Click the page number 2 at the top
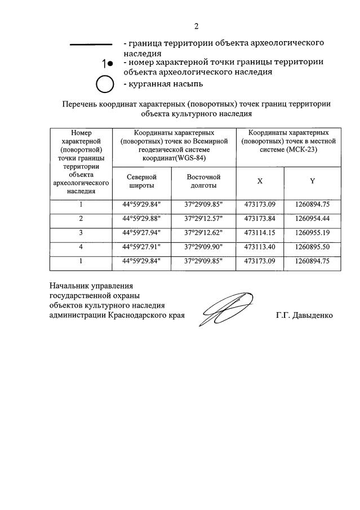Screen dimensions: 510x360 tap(196, 26)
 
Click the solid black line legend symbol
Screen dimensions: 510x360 tap(90, 44)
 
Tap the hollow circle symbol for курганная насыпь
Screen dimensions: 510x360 tap(105, 85)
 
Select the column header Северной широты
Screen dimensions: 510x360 tap(141, 181)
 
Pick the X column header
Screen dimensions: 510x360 tap(260, 181)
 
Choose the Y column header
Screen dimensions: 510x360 tap(312, 181)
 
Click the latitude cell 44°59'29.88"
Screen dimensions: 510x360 tap(141, 218)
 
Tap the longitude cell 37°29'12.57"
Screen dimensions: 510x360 tap(203, 218)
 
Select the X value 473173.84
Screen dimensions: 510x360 tap(260, 218)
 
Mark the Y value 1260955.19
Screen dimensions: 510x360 tap(312, 232)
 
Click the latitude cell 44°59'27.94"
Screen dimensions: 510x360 tap(141, 232)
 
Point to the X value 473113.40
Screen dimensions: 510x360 tap(260, 246)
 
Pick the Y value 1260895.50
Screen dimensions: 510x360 tap(312, 246)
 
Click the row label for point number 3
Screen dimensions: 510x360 tap(81, 232)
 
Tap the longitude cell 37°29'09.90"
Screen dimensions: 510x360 tap(203, 246)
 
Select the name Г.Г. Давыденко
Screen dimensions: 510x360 tap(304, 316)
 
